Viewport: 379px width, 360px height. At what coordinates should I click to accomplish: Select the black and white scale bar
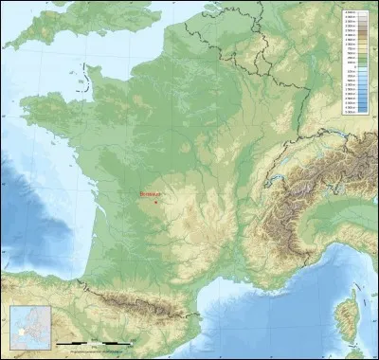tap(90, 341)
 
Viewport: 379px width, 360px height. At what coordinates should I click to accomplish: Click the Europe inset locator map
tap(27, 326)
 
